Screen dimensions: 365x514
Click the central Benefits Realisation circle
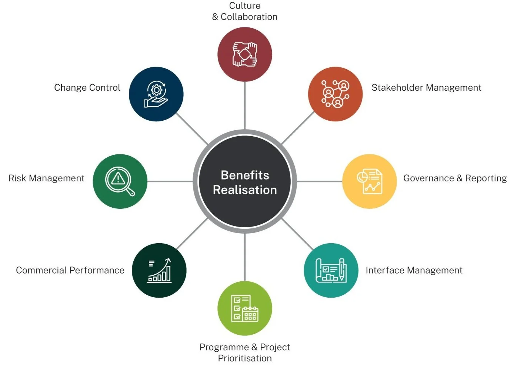245,182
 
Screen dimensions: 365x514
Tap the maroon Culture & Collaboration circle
245,54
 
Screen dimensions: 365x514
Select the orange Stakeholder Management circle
335,94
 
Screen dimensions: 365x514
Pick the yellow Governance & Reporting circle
369,181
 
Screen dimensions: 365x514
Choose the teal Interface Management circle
331,270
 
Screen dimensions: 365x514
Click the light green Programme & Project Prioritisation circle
245,308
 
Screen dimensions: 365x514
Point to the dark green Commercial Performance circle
159,270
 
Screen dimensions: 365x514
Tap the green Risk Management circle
120,181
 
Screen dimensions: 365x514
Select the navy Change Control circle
156,94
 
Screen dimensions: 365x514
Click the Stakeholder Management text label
426,88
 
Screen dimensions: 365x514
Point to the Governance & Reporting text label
455,178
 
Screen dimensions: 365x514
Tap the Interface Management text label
414,271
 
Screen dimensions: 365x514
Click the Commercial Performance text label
70,271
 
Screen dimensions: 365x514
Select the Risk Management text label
46,178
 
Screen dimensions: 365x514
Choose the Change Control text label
87,88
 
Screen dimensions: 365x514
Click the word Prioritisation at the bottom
245,358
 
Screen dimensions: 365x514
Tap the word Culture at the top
245,6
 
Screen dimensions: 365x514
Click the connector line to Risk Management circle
170,181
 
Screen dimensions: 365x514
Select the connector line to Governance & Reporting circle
320,181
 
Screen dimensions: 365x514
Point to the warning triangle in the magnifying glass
118,179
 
